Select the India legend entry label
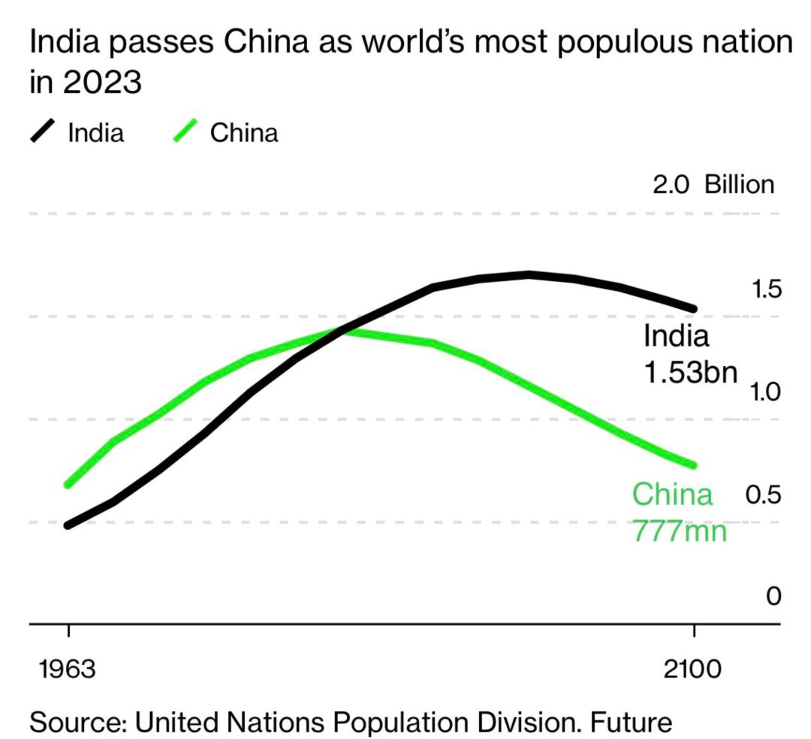tap(95, 133)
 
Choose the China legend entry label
tap(244, 133)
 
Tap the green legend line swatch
tap(185, 132)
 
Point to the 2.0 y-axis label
tap(671, 185)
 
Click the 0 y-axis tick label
tap(773, 597)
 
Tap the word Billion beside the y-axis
tap(739, 185)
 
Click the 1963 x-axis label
tap(68, 668)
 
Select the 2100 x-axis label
tap(693, 668)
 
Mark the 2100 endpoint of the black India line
tap(694, 309)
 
